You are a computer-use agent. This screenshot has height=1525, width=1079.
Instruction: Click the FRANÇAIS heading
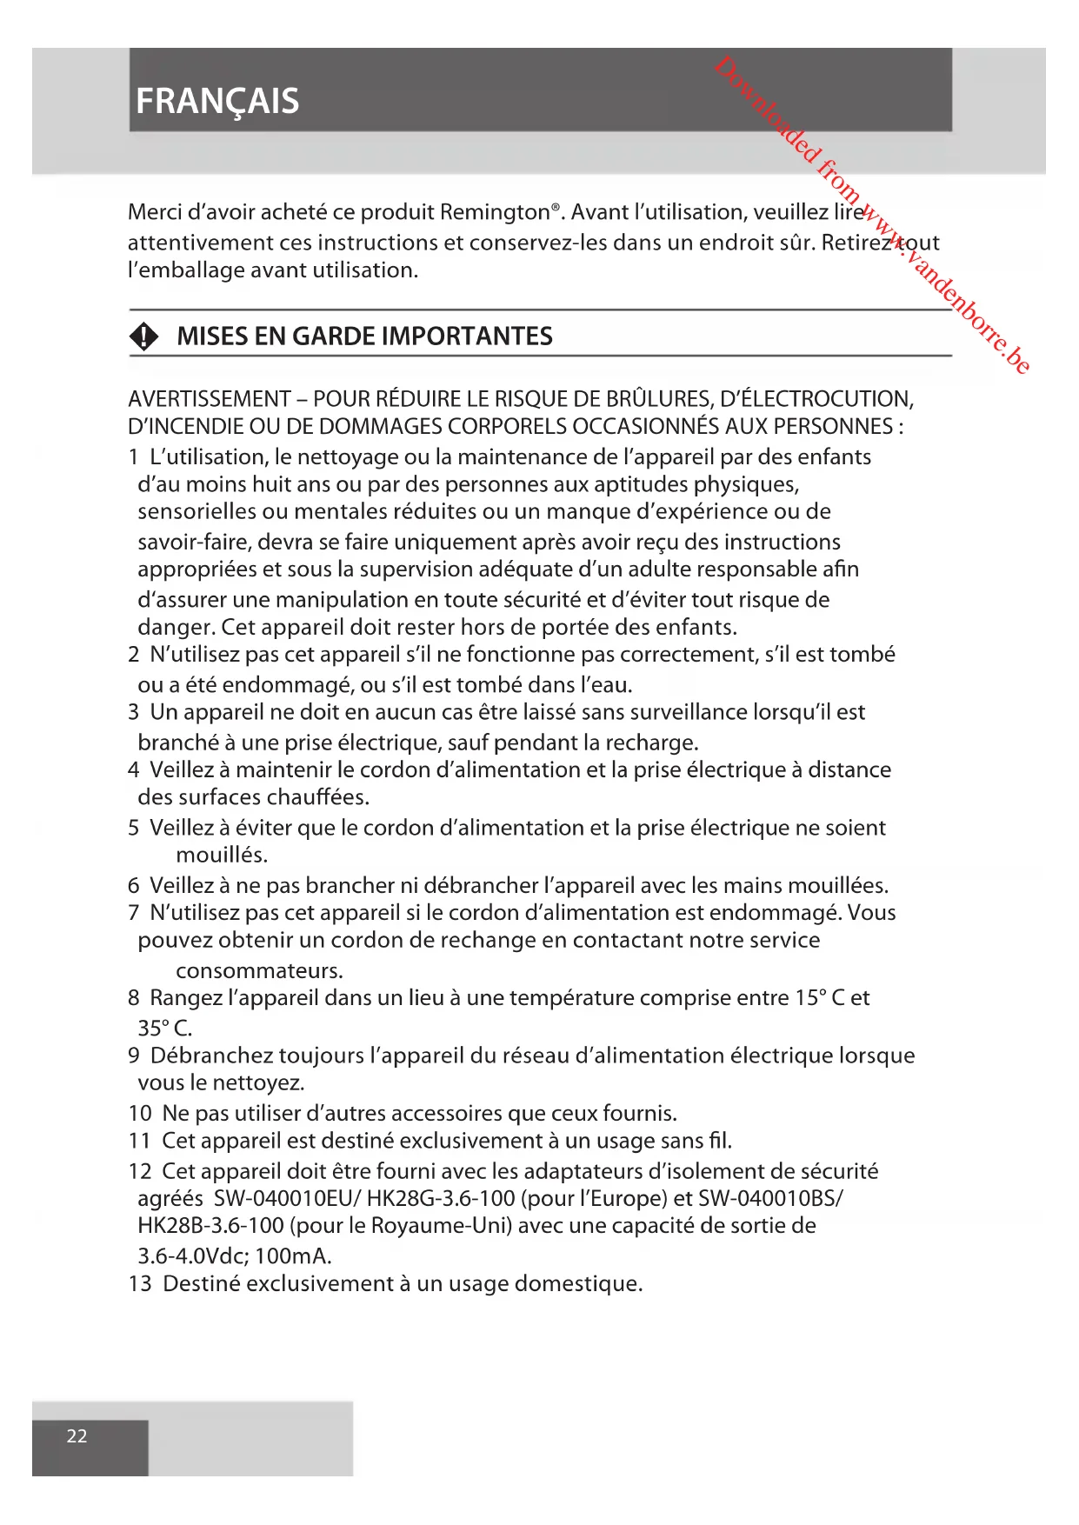click(217, 102)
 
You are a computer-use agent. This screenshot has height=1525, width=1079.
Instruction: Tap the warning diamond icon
click(144, 336)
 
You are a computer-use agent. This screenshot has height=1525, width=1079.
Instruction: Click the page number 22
click(77, 1435)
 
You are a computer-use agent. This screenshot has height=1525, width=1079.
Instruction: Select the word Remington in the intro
click(495, 212)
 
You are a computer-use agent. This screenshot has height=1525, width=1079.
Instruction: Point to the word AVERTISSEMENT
click(209, 399)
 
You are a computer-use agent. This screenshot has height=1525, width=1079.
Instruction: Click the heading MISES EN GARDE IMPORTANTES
click(364, 336)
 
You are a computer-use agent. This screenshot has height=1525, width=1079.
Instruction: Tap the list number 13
click(139, 1283)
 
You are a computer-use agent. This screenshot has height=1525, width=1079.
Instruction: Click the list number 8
click(134, 997)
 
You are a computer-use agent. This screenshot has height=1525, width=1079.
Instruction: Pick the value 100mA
click(293, 1255)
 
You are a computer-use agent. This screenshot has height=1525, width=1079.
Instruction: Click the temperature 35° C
click(164, 1028)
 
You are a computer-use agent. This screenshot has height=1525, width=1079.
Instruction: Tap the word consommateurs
click(259, 970)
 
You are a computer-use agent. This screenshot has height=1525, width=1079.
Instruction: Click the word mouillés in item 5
click(222, 855)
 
